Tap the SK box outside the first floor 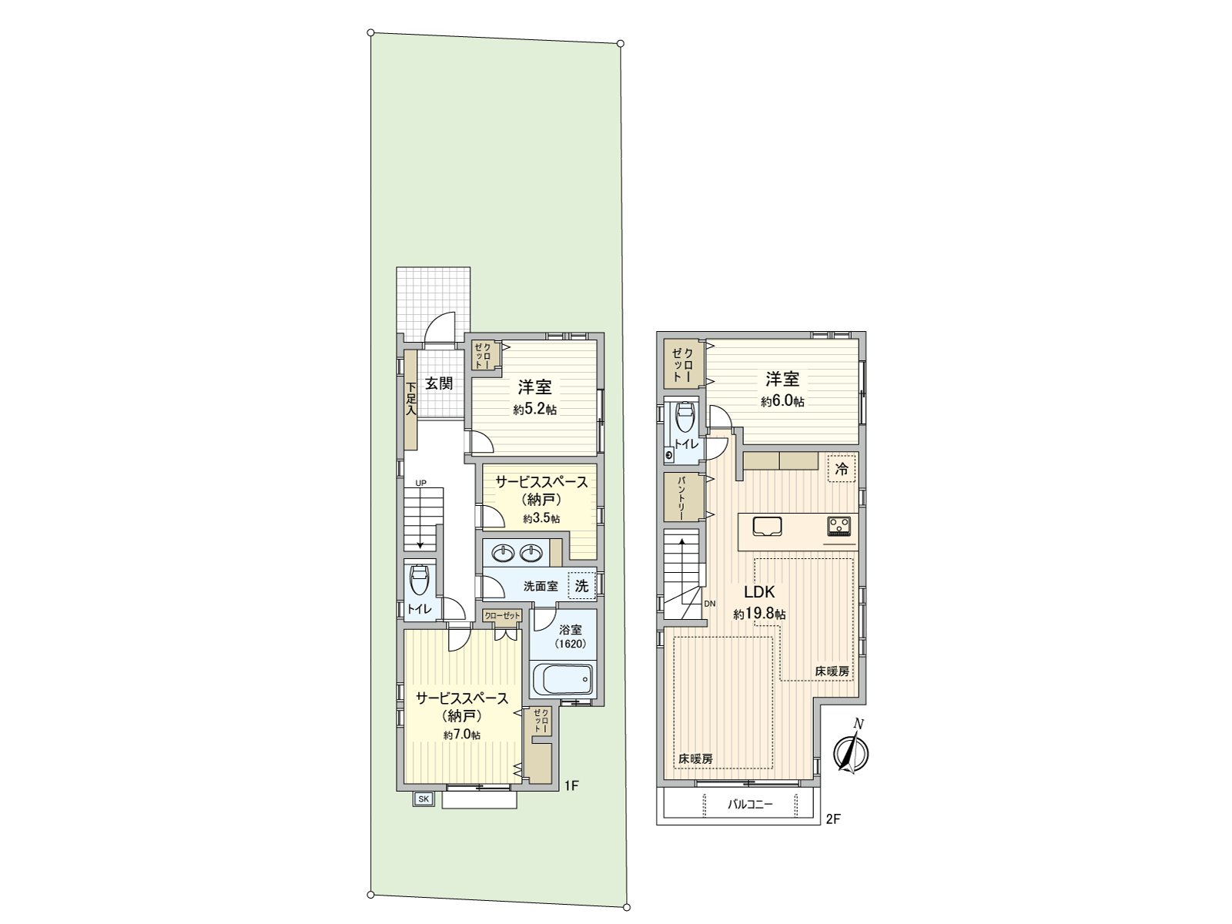(423, 799)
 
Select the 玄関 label (439, 383)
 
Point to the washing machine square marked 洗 (581, 586)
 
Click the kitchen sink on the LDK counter (767, 527)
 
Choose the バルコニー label (750, 805)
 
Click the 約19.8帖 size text (759, 614)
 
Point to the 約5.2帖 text (534, 410)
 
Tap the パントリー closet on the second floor (683, 497)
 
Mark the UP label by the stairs (420, 483)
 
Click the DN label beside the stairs (710, 604)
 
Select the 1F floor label (571, 786)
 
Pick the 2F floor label (832, 819)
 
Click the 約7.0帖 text (462, 735)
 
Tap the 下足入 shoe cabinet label (411, 399)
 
